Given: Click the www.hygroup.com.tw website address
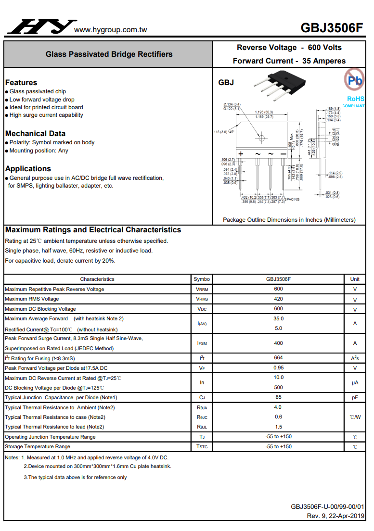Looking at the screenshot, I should [x=111, y=30].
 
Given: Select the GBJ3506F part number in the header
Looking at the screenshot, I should [x=332, y=27].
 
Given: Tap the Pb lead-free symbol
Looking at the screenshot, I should [x=355, y=80].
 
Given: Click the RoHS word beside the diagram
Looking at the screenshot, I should [x=356, y=99].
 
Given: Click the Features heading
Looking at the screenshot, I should [x=21, y=82].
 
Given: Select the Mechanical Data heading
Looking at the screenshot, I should [x=35, y=133].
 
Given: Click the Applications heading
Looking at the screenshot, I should [x=28, y=168].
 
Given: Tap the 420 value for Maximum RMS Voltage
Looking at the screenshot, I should [x=278, y=299].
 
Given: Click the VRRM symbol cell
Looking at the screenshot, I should [x=202, y=289].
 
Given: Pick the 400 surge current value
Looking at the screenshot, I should [x=278, y=343].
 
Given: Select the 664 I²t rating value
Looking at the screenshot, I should [x=278, y=358].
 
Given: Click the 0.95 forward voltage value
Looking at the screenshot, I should [x=278, y=368].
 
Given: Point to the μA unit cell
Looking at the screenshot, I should [x=355, y=383].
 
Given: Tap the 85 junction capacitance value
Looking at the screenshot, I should [x=278, y=397].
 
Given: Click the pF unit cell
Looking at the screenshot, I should [x=355, y=398].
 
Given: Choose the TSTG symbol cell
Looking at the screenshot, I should [x=202, y=447].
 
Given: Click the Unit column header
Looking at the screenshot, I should [x=355, y=279].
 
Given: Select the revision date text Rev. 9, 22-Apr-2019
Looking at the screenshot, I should [x=335, y=516].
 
